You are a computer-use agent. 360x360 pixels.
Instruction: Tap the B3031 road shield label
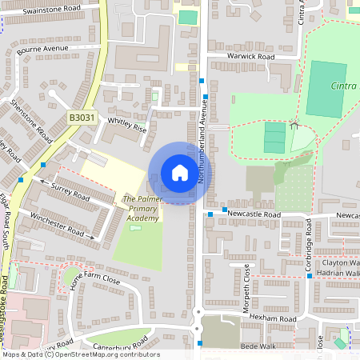81,118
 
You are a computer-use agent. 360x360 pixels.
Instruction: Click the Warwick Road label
250,58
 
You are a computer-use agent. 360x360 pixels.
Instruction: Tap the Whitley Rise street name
127,127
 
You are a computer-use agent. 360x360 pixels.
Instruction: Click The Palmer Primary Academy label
141,207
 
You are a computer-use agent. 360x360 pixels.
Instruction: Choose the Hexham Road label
273,318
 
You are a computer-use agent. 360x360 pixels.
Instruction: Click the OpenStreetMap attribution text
104,354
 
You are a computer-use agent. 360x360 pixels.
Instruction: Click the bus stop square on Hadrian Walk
309,276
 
